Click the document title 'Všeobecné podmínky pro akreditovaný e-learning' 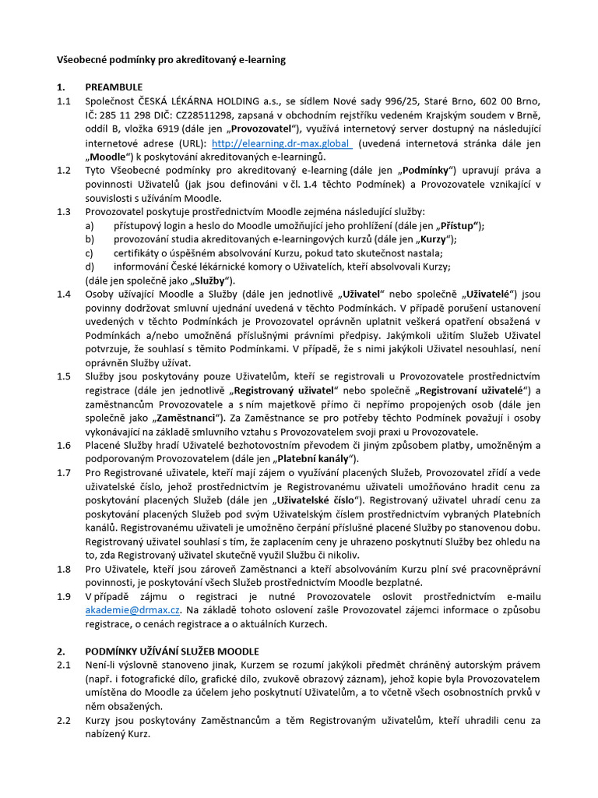point(171,59)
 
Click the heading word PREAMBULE point(115,87)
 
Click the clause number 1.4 point(64,294)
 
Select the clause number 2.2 point(64,720)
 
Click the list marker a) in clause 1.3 point(90,225)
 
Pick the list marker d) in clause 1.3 point(90,267)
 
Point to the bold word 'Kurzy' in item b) point(433,238)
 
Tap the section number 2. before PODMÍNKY point(61,650)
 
